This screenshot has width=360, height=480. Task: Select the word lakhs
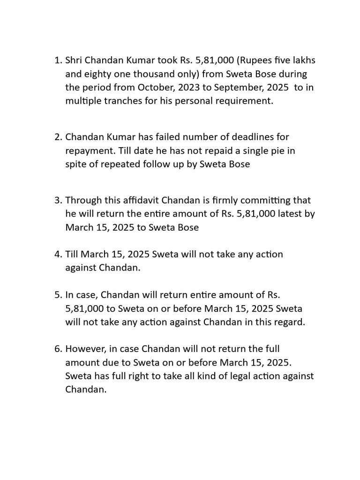[x=302, y=60]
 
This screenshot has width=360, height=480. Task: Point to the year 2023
[x=190, y=88]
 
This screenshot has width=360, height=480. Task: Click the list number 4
[x=57, y=255]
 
